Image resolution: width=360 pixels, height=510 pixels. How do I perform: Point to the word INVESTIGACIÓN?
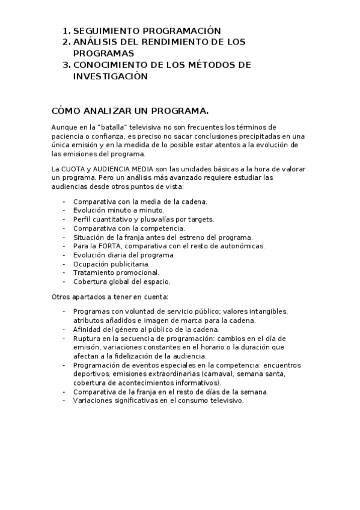(110, 76)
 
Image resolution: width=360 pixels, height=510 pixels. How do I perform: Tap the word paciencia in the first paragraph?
(67, 136)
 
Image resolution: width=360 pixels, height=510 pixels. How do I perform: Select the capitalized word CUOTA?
(74, 170)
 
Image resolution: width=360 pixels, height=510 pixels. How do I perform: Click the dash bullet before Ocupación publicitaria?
(64, 263)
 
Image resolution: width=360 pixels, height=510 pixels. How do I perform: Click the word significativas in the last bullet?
(133, 401)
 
